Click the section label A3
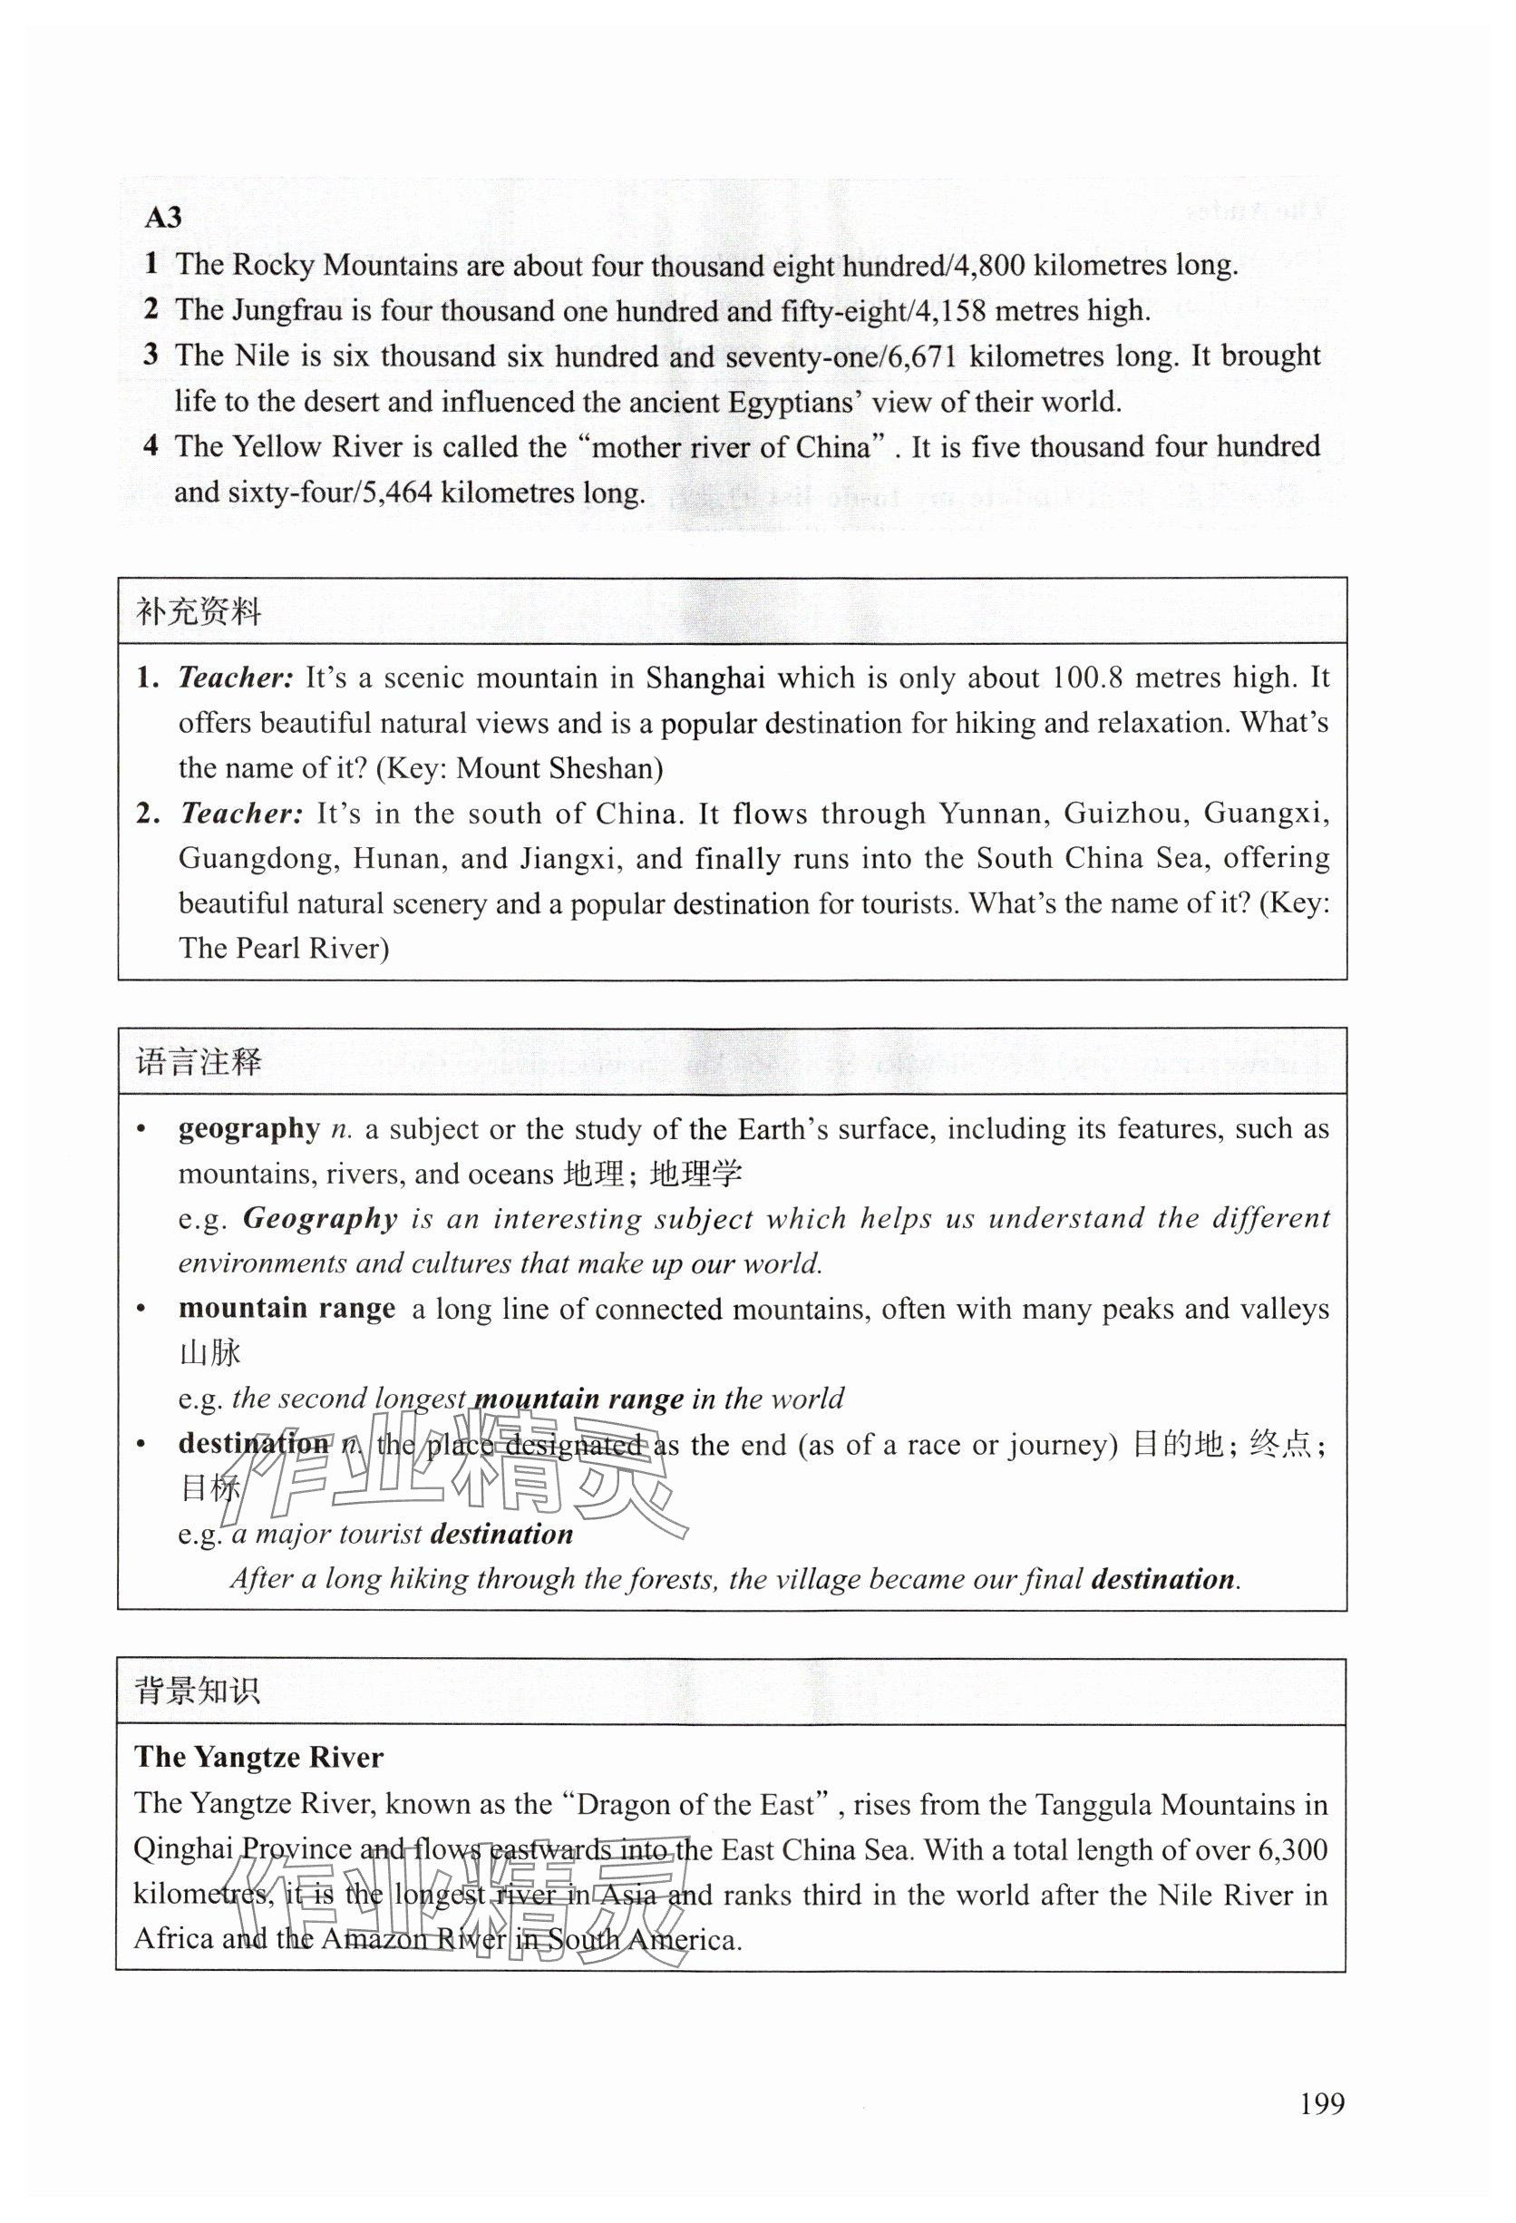pos(162,218)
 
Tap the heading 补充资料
pos(199,612)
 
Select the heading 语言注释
pos(199,1062)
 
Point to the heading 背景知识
pos(197,1692)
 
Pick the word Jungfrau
pos(299,310)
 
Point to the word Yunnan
pos(990,814)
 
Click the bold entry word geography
pos(248,1128)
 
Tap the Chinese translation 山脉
pos(209,1353)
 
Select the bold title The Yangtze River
pos(258,1757)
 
